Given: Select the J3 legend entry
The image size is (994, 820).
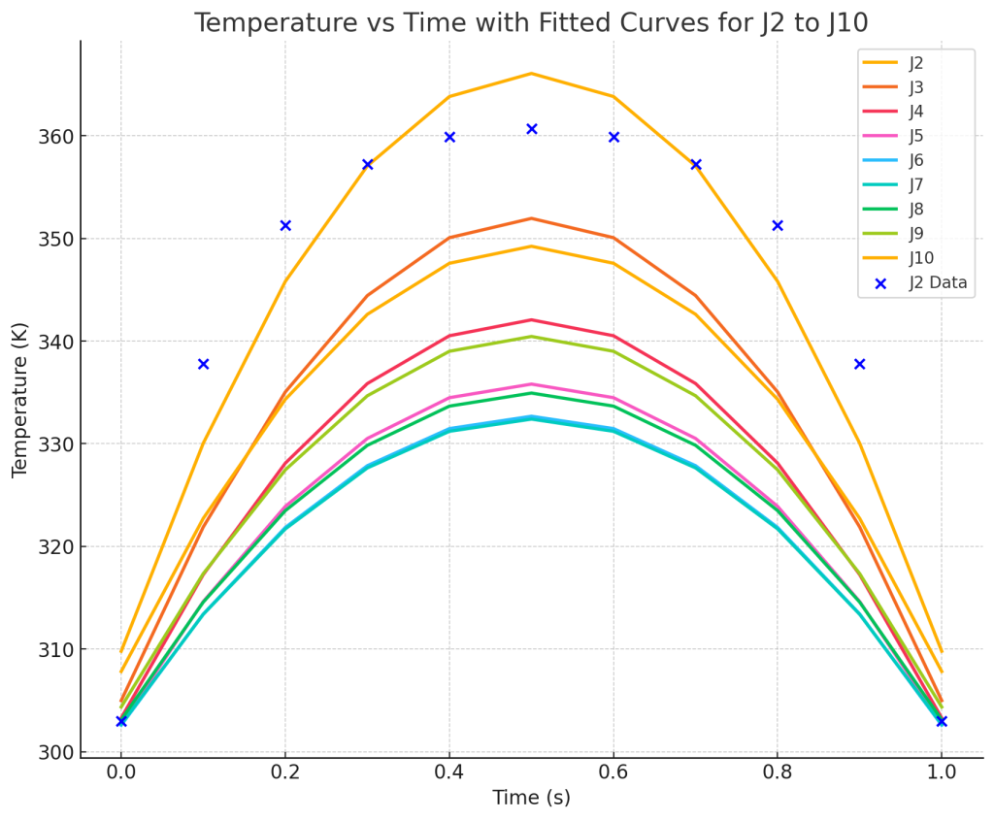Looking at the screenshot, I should click(x=915, y=87).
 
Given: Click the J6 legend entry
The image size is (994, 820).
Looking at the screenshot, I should click(x=915, y=160).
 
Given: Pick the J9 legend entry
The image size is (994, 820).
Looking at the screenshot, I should click(x=915, y=233).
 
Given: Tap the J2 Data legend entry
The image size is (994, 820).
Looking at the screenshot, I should click(x=938, y=282).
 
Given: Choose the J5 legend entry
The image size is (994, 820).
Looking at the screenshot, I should click(x=915, y=136).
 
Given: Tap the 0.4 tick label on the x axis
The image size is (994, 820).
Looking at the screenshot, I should click(x=449, y=772).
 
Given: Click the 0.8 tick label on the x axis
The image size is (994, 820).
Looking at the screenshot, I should click(x=778, y=772).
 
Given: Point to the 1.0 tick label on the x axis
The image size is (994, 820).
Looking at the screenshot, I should click(x=942, y=772).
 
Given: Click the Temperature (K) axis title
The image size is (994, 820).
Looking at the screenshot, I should click(x=20, y=400).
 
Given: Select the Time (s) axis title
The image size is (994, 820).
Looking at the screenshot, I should click(x=531, y=799).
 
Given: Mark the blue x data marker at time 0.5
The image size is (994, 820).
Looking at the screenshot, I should click(x=532, y=129).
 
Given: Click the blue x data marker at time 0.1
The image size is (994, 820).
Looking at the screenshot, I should click(x=203, y=364).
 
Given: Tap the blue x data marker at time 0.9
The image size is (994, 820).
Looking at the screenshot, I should click(x=859, y=364).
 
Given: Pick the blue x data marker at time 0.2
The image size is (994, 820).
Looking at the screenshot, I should click(x=285, y=225).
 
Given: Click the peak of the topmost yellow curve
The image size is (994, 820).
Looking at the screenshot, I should click(x=531, y=74).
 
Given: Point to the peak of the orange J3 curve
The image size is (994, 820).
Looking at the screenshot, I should click(x=531, y=218).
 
